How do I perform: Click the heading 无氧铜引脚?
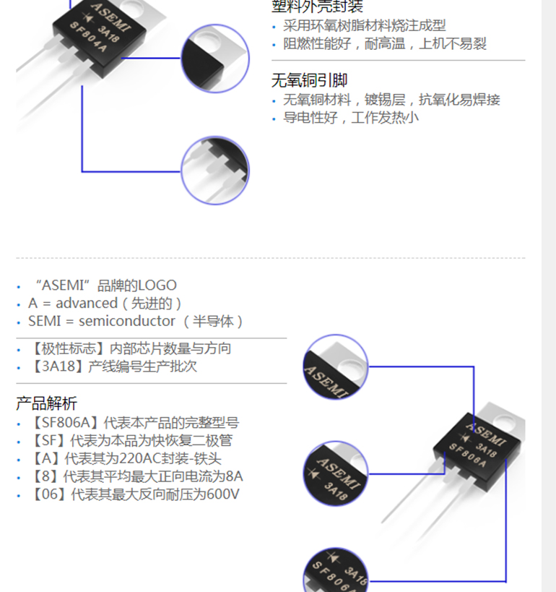coord(309,80)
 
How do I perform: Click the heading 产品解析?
coord(46,403)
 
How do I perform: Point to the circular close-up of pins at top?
coord(214,171)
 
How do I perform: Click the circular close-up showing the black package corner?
coord(214,58)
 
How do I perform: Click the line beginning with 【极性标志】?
coord(130,348)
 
